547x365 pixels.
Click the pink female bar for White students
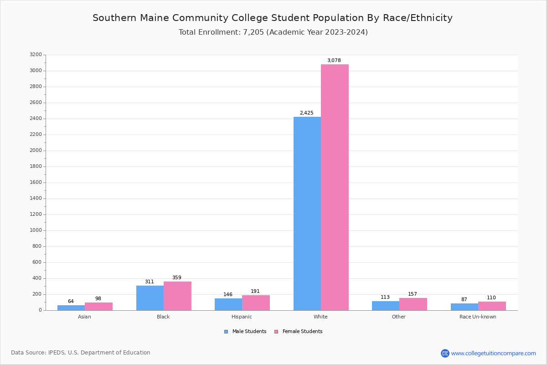[x=335, y=187]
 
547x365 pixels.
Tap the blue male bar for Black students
[x=150, y=298]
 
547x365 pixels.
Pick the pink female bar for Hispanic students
[x=256, y=303]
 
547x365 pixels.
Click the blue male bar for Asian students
[x=71, y=308]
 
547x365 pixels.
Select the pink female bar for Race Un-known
[x=492, y=306]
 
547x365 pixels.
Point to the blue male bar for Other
[x=386, y=306]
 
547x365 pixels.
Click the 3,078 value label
[x=334, y=61]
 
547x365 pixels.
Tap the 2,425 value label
[x=306, y=113]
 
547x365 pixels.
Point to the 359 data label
[x=176, y=278]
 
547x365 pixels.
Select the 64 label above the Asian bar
[x=71, y=302]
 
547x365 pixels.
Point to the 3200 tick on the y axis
[x=36, y=55]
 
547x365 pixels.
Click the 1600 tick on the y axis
[x=36, y=182]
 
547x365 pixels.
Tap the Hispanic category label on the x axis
[x=242, y=317]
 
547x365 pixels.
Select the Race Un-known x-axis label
[x=478, y=317]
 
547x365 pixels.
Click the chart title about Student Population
[x=273, y=18]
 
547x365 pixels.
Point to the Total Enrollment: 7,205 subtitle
[x=273, y=32]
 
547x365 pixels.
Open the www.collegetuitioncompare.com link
[x=493, y=353]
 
